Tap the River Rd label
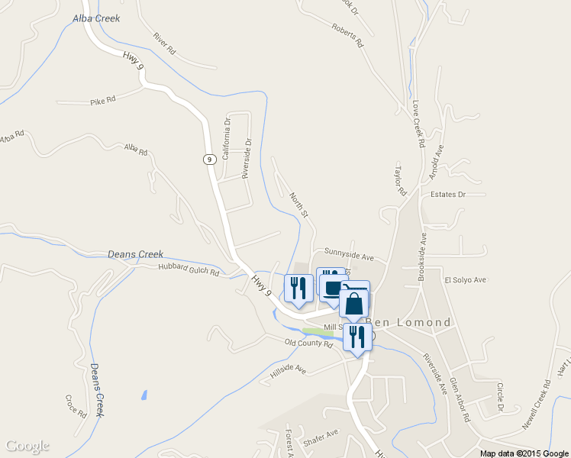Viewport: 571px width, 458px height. coord(163,44)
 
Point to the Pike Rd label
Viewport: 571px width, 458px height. coord(102,100)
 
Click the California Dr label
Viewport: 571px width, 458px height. coord(226,138)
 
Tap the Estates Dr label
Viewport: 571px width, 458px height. coord(447,195)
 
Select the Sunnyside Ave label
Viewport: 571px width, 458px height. coord(349,250)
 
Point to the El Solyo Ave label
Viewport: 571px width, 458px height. coord(465,280)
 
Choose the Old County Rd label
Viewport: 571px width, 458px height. coord(308,344)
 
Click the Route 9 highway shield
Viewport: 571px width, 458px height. coord(208,159)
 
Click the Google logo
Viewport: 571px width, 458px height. coord(27,446)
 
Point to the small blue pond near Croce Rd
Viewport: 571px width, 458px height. coord(144,395)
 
